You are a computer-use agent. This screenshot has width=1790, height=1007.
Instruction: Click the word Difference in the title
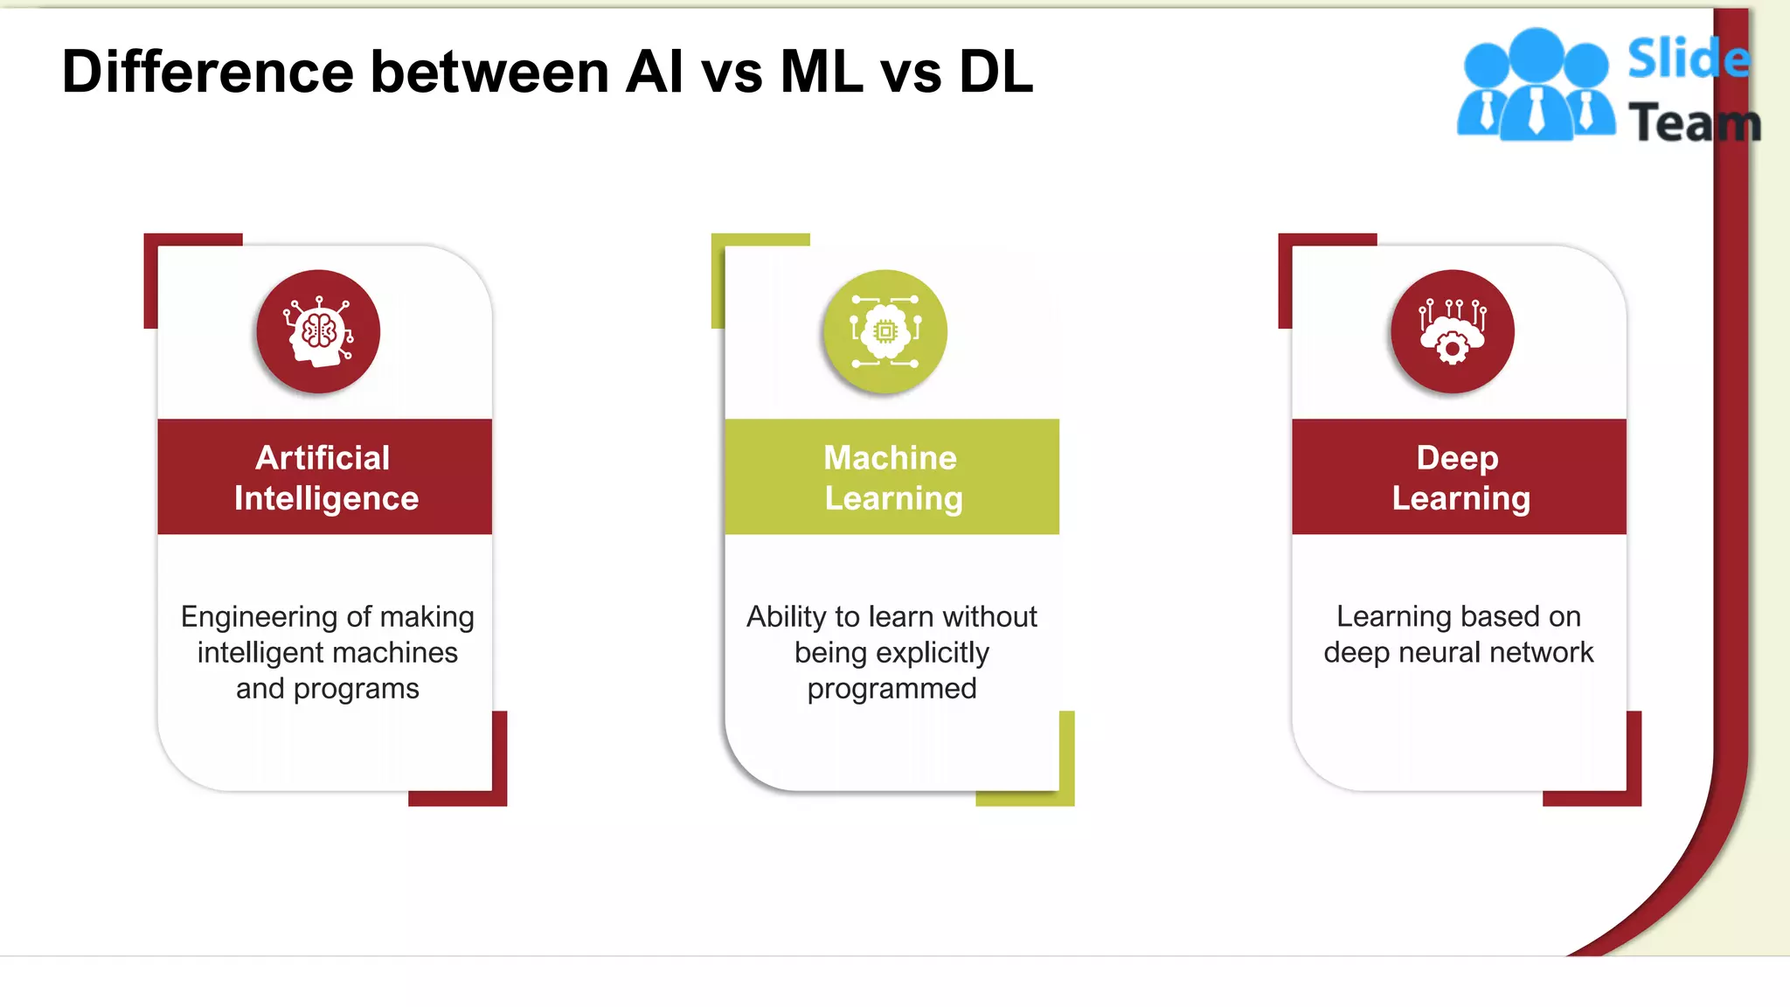tap(208, 72)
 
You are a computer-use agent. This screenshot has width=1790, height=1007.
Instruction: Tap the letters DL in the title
tap(996, 72)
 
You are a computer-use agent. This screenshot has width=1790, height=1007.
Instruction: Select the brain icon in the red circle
tap(318, 332)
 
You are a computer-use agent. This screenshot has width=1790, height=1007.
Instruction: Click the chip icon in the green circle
tap(885, 332)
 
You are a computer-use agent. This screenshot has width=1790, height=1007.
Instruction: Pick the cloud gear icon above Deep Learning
tap(1452, 332)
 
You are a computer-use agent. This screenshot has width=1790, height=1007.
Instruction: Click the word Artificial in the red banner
tap(323, 458)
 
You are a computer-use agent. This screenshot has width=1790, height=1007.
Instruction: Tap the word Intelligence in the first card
tap(326, 498)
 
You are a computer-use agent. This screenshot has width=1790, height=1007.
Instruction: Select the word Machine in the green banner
tap(890, 458)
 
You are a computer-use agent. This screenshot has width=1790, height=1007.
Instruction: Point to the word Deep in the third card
tap(1457, 458)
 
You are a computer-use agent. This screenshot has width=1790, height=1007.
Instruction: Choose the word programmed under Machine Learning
tap(892, 689)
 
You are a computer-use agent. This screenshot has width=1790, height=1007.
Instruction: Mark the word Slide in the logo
tap(1688, 59)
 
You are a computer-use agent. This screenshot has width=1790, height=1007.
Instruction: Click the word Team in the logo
tap(1694, 122)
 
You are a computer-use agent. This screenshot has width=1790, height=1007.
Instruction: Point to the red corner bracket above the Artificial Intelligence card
tap(166, 253)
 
